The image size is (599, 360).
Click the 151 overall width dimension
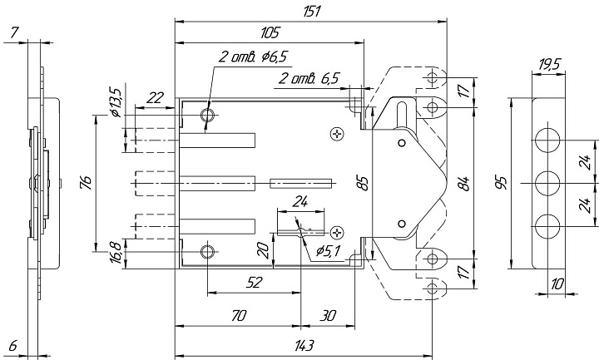click(x=312, y=12)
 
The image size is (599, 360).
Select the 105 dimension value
click(x=270, y=32)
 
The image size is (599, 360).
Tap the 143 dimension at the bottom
click(x=304, y=346)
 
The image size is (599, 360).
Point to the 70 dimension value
click(x=239, y=316)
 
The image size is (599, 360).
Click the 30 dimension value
click(x=328, y=316)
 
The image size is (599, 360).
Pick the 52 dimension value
click(x=254, y=283)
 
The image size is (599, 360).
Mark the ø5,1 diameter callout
click(x=328, y=251)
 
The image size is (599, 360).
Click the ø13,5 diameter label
click(x=115, y=102)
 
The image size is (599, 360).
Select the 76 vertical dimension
click(x=87, y=183)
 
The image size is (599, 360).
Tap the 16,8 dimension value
click(x=116, y=252)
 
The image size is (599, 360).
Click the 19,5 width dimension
click(x=549, y=65)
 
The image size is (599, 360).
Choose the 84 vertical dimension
click(x=463, y=184)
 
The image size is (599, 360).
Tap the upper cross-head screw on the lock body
click(x=337, y=134)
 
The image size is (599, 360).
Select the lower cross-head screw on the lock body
click(x=337, y=232)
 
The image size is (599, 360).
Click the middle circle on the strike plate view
click(x=547, y=184)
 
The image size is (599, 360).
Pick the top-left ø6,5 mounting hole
click(x=208, y=115)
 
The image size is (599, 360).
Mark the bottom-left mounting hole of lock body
click(x=208, y=252)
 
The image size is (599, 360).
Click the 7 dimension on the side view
click(x=14, y=33)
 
